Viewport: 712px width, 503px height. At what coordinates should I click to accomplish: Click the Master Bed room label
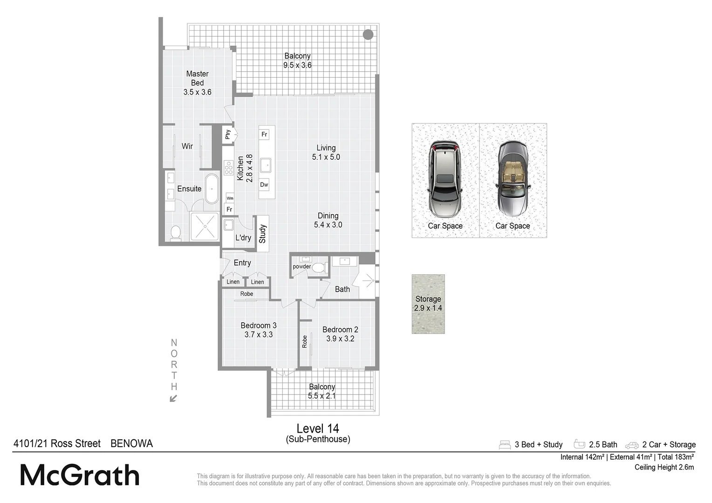click(x=197, y=82)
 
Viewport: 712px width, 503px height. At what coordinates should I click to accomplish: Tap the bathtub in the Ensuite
click(x=212, y=189)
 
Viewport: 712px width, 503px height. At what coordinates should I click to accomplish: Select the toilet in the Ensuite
click(x=176, y=233)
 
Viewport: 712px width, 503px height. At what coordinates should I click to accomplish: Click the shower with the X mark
click(x=204, y=226)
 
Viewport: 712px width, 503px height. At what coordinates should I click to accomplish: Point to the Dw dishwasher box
click(x=264, y=184)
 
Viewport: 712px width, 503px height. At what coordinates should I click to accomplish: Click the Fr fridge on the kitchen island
click(x=264, y=135)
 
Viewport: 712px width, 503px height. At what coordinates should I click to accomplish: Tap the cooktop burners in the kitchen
click(x=228, y=168)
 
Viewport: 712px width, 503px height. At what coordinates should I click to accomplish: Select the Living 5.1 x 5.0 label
click(x=326, y=152)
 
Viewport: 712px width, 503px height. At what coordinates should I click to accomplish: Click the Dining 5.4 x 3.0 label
click(x=328, y=220)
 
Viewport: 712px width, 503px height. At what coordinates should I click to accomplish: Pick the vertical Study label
click(x=262, y=234)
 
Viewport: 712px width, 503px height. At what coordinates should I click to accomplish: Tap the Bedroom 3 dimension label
click(x=259, y=330)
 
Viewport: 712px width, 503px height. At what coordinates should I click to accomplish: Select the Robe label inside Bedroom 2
click(x=305, y=341)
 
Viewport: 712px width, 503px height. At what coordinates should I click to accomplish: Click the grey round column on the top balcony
click(x=368, y=34)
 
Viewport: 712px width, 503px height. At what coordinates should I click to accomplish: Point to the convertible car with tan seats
click(x=513, y=179)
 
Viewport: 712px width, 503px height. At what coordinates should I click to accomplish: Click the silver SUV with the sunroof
click(x=445, y=179)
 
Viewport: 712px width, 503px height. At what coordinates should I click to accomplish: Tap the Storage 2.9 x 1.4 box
click(x=428, y=304)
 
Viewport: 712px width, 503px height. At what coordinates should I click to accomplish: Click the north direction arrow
click(x=173, y=398)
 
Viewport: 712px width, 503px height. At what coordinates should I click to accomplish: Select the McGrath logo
click(x=80, y=476)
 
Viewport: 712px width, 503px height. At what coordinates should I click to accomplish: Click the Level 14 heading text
click(x=318, y=428)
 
